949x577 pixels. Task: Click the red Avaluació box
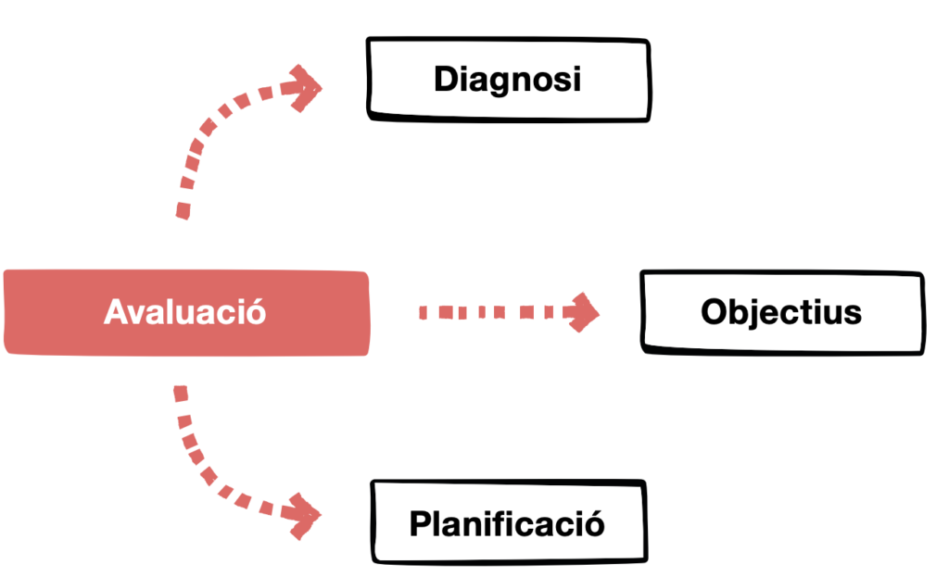(185, 312)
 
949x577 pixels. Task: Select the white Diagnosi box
(508, 79)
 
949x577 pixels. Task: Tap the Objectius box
(781, 312)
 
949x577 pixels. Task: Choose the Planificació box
(507, 524)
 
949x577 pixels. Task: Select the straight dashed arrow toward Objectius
(491, 312)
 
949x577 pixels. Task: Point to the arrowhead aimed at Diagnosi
(306, 89)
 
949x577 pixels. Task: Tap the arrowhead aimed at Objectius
(584, 312)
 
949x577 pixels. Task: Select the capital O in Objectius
(714, 312)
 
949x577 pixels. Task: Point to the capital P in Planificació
(420, 524)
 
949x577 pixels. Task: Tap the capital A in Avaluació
(115, 312)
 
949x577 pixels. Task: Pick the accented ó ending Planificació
(594, 523)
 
